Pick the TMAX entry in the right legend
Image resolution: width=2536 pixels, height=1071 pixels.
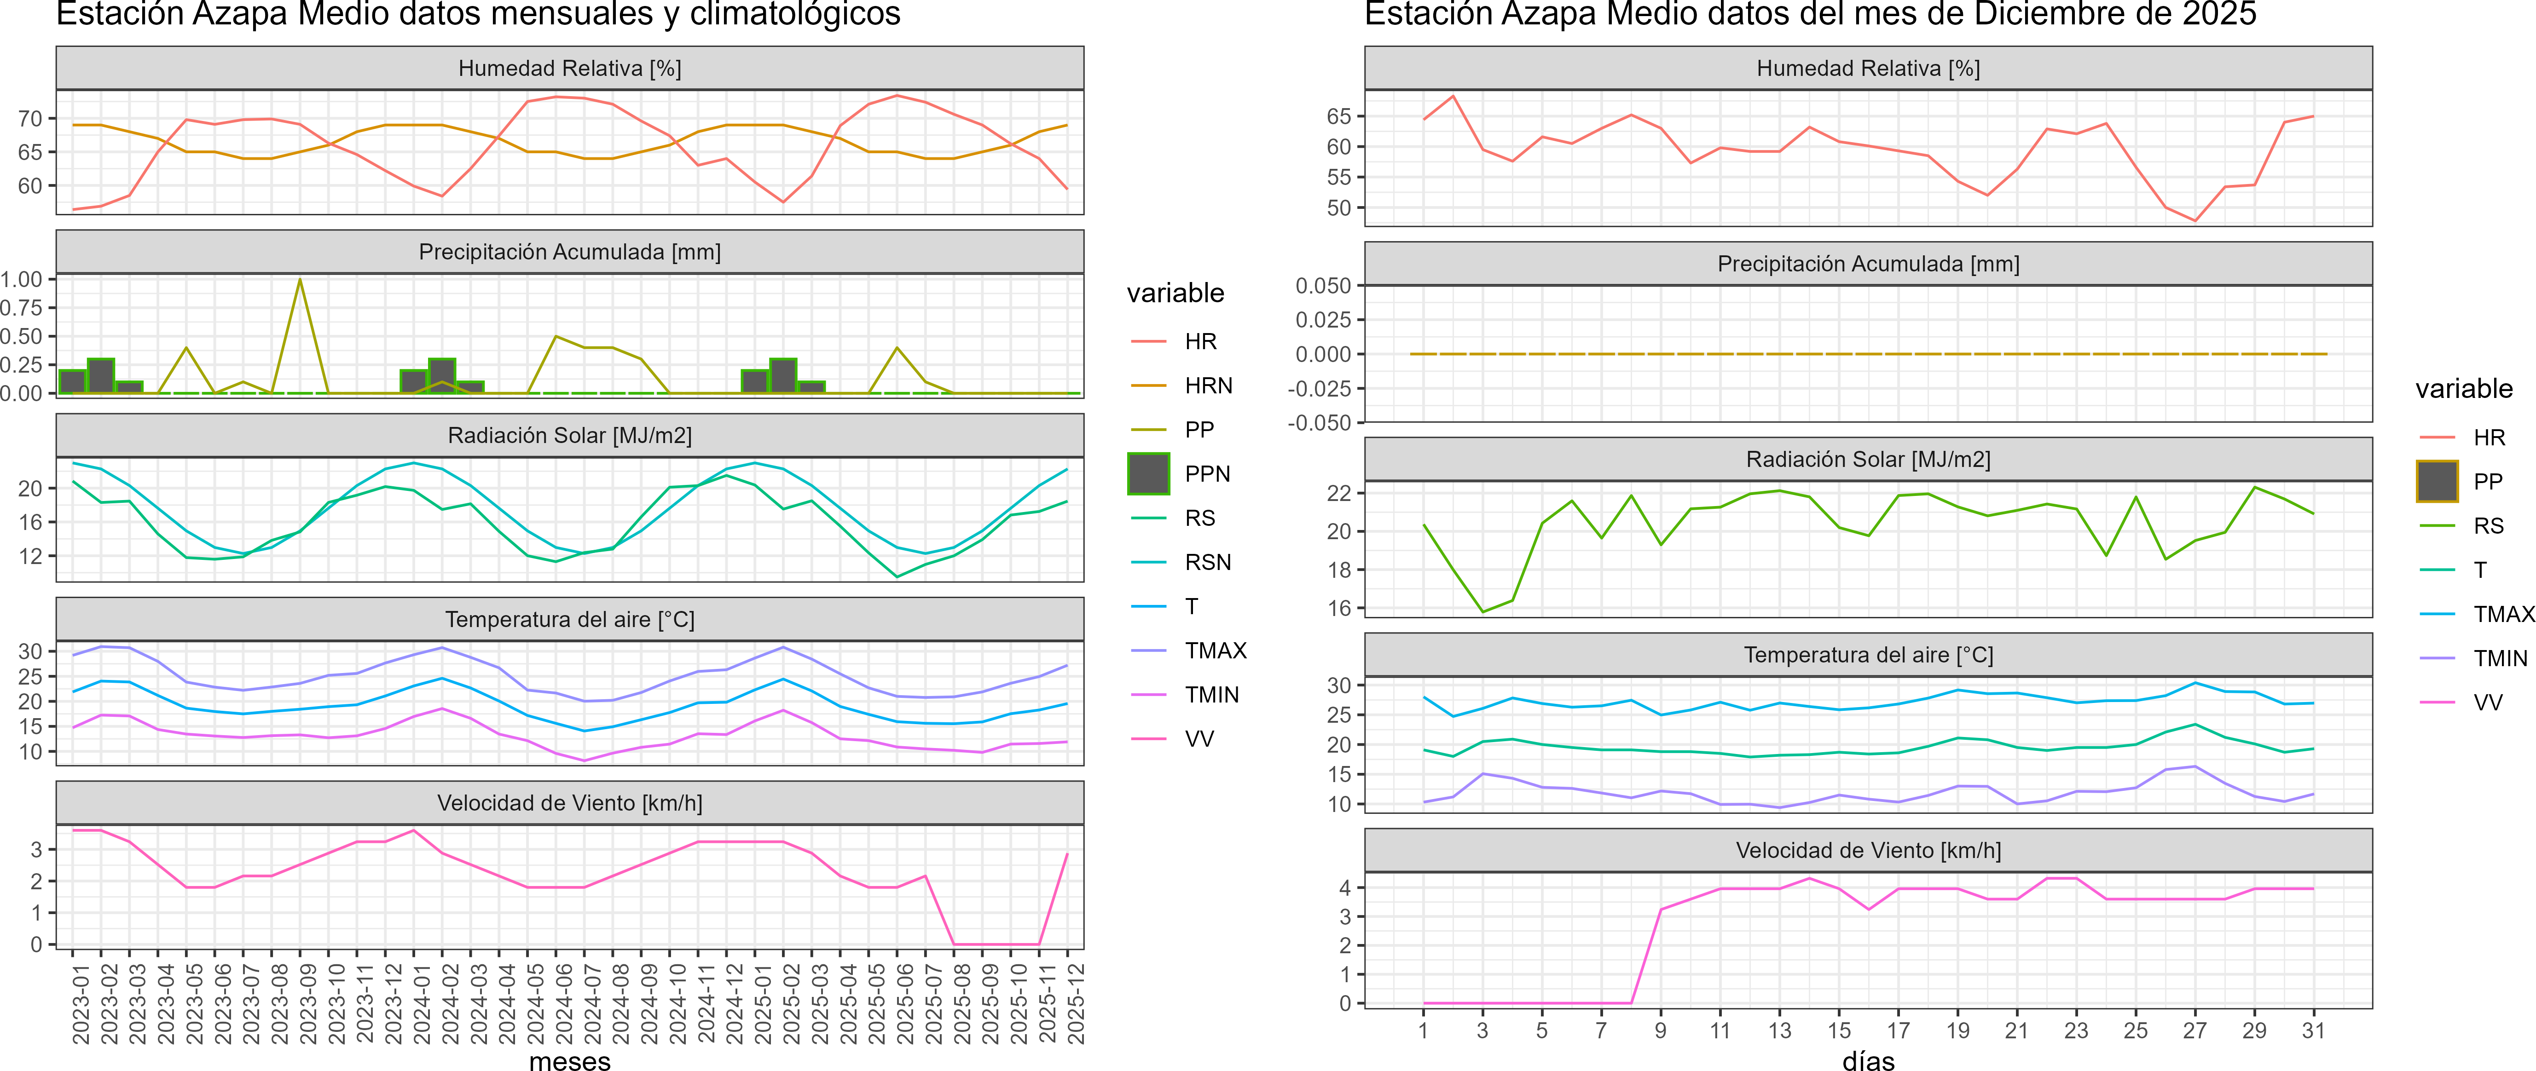(x=2502, y=614)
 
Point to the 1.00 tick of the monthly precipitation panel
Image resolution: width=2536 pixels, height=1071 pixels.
(x=22, y=280)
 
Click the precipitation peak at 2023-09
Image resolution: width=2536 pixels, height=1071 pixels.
(x=300, y=281)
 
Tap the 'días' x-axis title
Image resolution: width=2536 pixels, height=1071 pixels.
(x=1868, y=1060)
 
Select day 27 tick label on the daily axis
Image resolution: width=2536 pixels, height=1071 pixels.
(x=2194, y=1031)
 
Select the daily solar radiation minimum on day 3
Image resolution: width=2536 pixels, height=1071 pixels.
(x=1482, y=611)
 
